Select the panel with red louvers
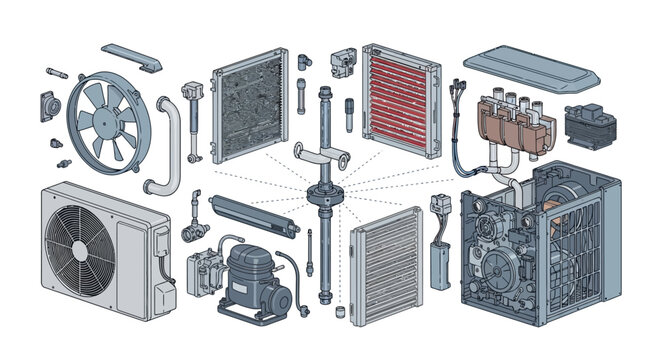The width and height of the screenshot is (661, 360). (400, 102)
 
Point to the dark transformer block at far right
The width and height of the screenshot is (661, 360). (591, 127)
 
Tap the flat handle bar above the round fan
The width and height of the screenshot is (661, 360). (133, 58)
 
